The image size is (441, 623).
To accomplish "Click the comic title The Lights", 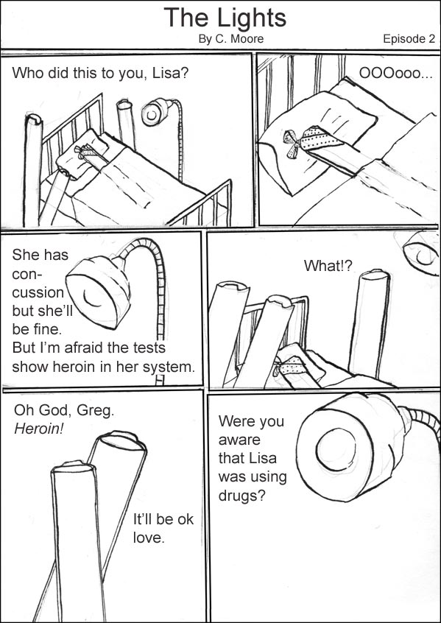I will (225, 17).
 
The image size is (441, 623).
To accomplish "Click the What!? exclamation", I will (328, 266).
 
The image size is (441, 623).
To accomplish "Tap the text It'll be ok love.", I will (163, 528).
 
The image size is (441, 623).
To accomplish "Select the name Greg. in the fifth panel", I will (96, 410).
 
